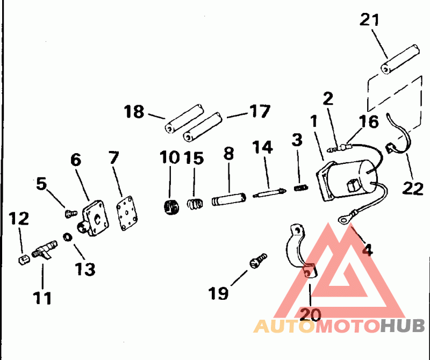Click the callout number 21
click(369, 20)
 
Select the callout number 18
click(134, 112)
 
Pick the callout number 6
click(75, 160)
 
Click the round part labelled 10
click(170, 206)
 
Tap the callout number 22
click(413, 189)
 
